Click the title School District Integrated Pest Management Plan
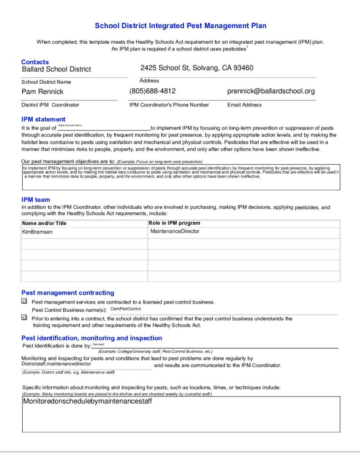tap(180, 26)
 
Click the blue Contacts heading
tap(35, 62)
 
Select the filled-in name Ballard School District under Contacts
tap(56, 69)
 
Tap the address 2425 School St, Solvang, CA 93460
tap(197, 68)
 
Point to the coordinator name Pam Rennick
tap(43, 91)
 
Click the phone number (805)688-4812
tap(152, 91)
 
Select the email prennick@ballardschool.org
tap(271, 91)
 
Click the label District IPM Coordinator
tap(50, 105)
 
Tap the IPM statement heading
tap(43, 120)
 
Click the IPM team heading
tap(35, 200)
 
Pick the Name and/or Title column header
tap(44, 223)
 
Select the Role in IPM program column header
tap(174, 223)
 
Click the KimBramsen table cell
tap(37, 232)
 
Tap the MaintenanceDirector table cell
tap(175, 232)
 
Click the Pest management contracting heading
tap(68, 293)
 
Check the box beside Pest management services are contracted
tap(24, 301)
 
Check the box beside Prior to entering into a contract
tap(24, 318)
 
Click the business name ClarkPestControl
tap(126, 309)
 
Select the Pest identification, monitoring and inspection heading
tap(91, 338)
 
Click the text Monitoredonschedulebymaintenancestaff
tap(87, 402)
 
